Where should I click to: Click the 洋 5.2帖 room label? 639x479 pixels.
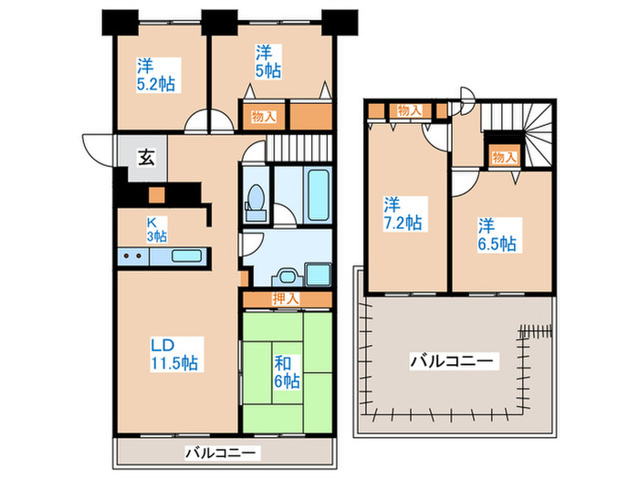tap(156, 75)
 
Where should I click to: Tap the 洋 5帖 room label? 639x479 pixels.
tap(267, 60)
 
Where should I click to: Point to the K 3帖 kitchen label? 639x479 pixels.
tap(157, 228)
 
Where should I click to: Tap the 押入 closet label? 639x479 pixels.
tap(285, 298)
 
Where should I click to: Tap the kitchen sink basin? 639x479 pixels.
tap(186, 256)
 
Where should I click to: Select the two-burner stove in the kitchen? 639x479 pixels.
tap(132, 256)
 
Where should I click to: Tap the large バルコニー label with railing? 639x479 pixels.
tap(453, 362)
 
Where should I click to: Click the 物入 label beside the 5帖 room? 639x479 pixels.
tap(265, 116)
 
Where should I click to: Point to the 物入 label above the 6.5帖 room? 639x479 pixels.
tap(504, 157)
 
